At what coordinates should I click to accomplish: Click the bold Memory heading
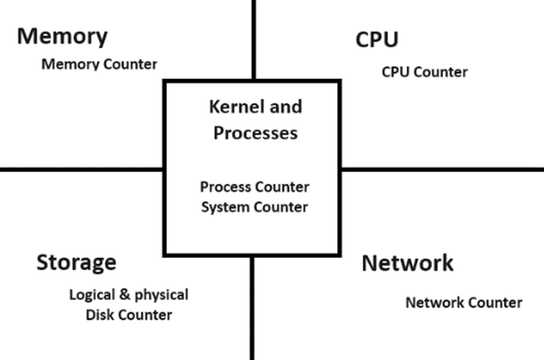coord(62,36)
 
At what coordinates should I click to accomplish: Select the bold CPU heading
coord(376,39)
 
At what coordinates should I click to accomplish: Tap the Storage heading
coord(76,262)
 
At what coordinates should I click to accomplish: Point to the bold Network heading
coord(407,263)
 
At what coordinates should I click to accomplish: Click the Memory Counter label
coord(100,64)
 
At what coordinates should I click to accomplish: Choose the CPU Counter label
coord(424,72)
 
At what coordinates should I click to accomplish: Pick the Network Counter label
coord(463,302)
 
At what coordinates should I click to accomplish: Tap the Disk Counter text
coord(129,315)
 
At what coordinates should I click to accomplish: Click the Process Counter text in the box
coord(255,187)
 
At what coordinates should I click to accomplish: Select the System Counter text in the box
coord(255,207)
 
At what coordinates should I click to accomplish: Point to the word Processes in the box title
coord(255,133)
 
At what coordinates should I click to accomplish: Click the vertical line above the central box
coord(253,39)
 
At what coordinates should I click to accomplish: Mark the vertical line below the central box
coord(251,308)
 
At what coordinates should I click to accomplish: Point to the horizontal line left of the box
coord(79,169)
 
